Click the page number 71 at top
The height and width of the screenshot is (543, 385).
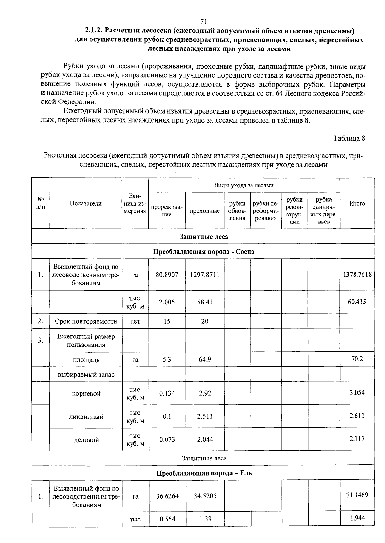click(x=203, y=22)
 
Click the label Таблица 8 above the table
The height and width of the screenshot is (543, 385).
click(x=349, y=138)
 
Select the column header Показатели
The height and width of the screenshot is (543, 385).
click(x=85, y=203)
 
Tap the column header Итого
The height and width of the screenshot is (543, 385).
click(x=357, y=203)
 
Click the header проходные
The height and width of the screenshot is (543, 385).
click(x=205, y=211)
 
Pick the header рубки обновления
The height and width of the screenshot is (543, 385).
click(x=237, y=211)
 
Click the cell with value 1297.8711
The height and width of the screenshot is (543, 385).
click(x=205, y=275)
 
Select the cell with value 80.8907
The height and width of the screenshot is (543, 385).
click(x=167, y=275)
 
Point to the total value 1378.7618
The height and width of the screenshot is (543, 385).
click(x=357, y=274)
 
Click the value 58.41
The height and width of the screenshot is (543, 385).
click(x=205, y=302)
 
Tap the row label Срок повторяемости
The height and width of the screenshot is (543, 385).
click(x=86, y=321)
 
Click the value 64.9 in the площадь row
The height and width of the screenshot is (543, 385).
click(x=205, y=359)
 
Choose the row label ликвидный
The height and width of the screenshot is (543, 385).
click(x=86, y=417)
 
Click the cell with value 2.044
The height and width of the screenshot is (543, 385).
click(x=205, y=439)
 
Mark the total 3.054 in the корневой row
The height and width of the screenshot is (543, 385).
click(x=357, y=393)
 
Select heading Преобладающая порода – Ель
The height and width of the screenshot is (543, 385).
click(x=204, y=473)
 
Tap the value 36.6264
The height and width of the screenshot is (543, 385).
click(x=167, y=496)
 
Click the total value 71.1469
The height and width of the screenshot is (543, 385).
click(x=357, y=495)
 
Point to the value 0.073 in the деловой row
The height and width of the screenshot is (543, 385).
click(x=167, y=439)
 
